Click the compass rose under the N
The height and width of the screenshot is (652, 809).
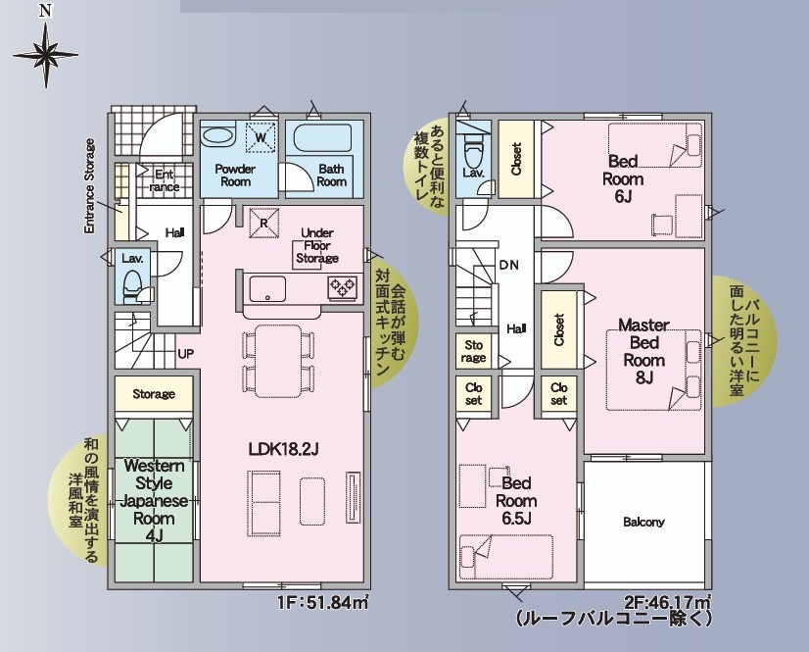46,55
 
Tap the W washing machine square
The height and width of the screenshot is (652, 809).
262,137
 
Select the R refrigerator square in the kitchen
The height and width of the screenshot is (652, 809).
263,224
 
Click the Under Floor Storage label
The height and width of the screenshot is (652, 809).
317,245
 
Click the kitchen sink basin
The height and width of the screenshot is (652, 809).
267,288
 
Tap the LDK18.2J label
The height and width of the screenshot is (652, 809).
283,449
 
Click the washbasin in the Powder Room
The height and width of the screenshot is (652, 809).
217,136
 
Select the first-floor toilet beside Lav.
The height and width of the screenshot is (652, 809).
133,285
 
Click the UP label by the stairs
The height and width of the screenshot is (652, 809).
186,354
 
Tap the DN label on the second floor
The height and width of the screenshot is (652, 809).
508,265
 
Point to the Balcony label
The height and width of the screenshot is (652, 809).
643,522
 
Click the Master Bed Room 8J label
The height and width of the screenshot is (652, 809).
643,351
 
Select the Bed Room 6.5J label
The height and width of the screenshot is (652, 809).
516,501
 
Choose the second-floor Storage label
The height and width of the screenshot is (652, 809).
474,351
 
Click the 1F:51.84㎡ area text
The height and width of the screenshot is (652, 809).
323,602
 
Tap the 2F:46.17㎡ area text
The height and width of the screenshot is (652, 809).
667,602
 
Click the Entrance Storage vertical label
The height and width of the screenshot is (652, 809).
90,185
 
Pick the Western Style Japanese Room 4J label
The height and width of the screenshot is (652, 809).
155,501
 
